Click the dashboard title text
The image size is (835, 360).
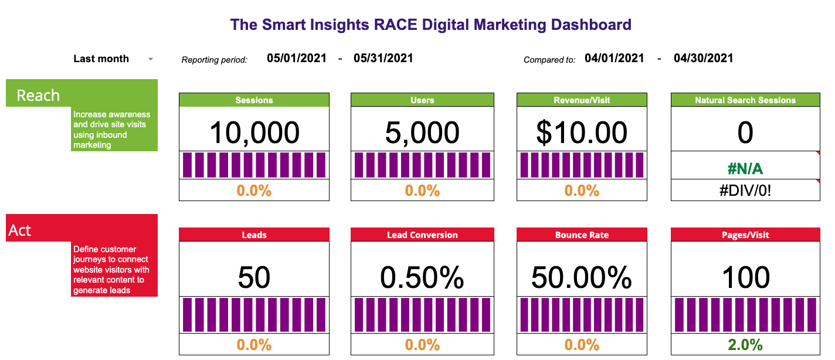coord(430,25)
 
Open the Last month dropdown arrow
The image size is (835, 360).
coord(151,59)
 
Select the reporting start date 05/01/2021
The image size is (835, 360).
coord(296,58)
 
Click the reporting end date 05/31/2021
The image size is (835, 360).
coord(383,58)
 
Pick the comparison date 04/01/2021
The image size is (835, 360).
coord(614,58)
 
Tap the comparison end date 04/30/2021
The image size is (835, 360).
coord(703,58)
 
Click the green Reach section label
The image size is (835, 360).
coord(38,95)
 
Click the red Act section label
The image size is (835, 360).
coord(20,230)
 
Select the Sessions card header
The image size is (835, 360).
coord(254,100)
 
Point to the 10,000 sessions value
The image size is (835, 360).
coord(254,133)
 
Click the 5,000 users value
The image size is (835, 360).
coord(422,133)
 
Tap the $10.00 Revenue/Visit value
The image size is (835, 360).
coord(582,133)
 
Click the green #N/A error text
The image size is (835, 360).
coord(745,169)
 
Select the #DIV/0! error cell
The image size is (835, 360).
coord(745,191)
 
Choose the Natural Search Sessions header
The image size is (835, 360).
coord(745,100)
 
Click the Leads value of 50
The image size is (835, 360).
coord(254,277)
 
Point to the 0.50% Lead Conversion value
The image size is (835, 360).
coord(422,277)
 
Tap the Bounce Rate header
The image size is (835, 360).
coord(582,235)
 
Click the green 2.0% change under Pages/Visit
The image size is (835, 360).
coord(745,345)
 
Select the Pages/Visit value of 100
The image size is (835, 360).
coord(745,277)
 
